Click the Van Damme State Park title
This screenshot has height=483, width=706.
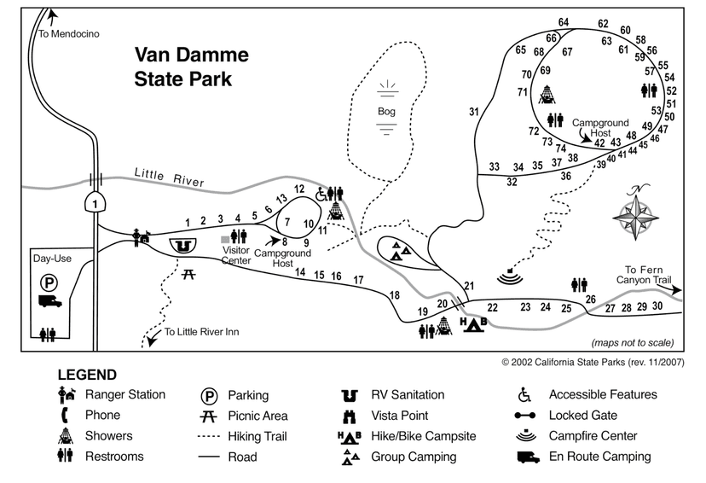pyautogui.click(x=192, y=67)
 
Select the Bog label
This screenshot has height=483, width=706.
pyautogui.click(x=387, y=111)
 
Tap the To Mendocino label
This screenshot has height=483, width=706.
pyautogui.click(x=69, y=33)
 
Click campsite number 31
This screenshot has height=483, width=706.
pyautogui.click(x=474, y=111)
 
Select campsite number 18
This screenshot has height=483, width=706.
pyautogui.click(x=393, y=295)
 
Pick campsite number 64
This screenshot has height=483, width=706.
pyautogui.click(x=564, y=22)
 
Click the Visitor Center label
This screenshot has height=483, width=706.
pyautogui.click(x=235, y=255)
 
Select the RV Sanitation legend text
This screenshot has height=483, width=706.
pyautogui.click(x=407, y=395)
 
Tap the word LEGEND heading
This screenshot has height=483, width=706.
pyautogui.click(x=87, y=375)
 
